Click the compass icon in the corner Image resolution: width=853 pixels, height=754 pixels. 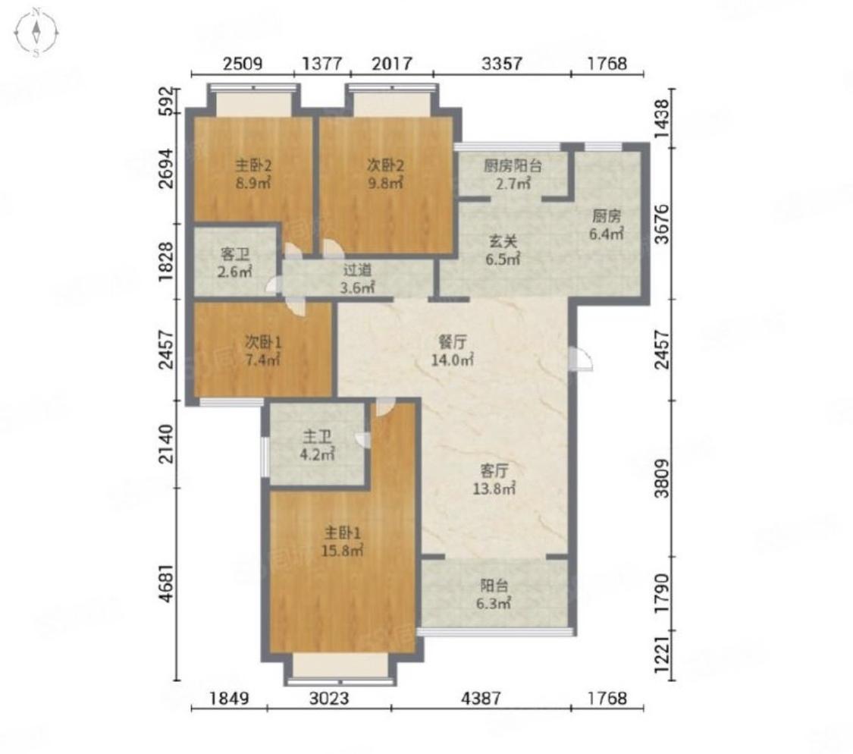[x=36, y=33]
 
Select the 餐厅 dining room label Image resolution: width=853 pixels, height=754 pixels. [x=453, y=342]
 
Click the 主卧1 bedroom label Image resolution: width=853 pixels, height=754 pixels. [x=343, y=532]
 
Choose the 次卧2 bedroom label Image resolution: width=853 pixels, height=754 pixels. [x=385, y=165]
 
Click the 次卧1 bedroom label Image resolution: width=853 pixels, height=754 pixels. [x=263, y=342]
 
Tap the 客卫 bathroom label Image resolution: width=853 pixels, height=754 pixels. [x=235, y=253]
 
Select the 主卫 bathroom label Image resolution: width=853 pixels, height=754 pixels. [x=318, y=437]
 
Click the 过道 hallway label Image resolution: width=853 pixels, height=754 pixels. [x=357, y=269]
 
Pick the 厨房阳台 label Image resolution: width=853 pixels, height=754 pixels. [x=513, y=165]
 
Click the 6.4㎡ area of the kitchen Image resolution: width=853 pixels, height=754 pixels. [x=607, y=234]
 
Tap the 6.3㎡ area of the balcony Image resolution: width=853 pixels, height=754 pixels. [x=494, y=603]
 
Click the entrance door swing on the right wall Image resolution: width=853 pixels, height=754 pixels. [x=581, y=358]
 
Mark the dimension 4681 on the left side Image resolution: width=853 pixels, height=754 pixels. [x=168, y=583]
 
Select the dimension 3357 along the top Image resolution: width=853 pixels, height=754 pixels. [x=502, y=64]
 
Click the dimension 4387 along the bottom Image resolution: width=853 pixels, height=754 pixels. [x=481, y=698]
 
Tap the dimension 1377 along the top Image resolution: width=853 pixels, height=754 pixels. [x=322, y=64]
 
